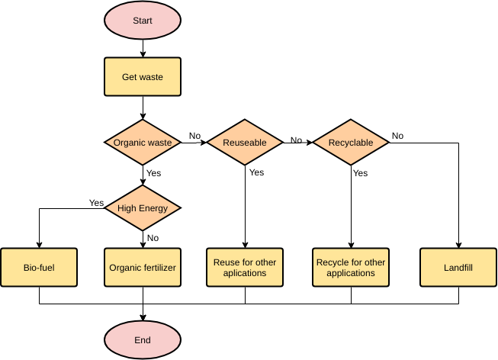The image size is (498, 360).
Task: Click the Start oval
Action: click(143, 21)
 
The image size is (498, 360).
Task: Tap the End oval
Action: click(143, 340)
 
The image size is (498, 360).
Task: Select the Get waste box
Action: click(143, 77)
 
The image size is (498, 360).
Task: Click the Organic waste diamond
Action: click(143, 142)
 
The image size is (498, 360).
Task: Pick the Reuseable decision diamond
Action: click(245, 142)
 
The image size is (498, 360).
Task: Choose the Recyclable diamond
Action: click(351, 142)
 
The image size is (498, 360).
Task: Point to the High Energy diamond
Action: click(143, 207)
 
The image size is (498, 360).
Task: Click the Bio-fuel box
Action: click(39, 267)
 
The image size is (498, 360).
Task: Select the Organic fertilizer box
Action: click(143, 267)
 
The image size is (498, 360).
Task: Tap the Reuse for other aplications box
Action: click(245, 267)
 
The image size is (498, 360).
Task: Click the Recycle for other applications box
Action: click(351, 267)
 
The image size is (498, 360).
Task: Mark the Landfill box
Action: click(458, 267)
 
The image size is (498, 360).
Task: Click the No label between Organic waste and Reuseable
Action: click(194, 136)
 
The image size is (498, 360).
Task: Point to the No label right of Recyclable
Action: click(397, 136)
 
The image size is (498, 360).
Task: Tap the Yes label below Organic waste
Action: click(154, 173)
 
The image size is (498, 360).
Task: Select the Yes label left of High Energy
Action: click(96, 203)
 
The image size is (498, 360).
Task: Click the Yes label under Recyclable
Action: click(361, 173)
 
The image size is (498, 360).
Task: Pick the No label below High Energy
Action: click(153, 237)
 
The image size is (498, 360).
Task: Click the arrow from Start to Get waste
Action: click(143, 48)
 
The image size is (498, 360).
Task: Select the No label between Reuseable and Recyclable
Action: click(296, 140)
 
